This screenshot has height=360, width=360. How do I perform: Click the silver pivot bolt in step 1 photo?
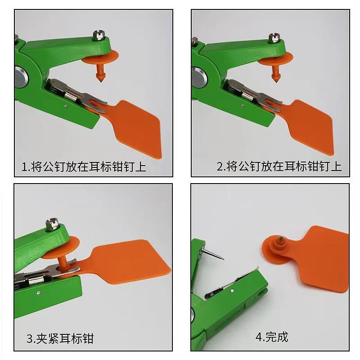[x=20, y=76]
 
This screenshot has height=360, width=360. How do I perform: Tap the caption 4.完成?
[x=272, y=337]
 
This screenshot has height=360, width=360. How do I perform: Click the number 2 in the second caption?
[x=220, y=167]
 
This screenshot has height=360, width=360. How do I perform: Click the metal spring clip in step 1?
[x=74, y=92]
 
